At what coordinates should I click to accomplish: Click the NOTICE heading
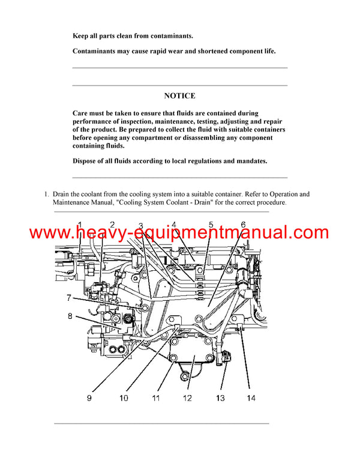click(x=179, y=95)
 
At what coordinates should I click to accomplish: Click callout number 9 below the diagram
click(x=89, y=398)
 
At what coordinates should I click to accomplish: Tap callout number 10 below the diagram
click(x=124, y=398)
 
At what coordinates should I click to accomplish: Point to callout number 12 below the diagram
click(x=187, y=398)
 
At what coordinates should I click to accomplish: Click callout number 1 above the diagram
click(x=80, y=225)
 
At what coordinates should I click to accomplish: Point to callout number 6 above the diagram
click(x=243, y=225)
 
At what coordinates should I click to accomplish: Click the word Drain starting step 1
click(x=62, y=194)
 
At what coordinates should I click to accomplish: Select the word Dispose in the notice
click(x=87, y=161)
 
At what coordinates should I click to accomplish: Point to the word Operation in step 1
click(x=275, y=194)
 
